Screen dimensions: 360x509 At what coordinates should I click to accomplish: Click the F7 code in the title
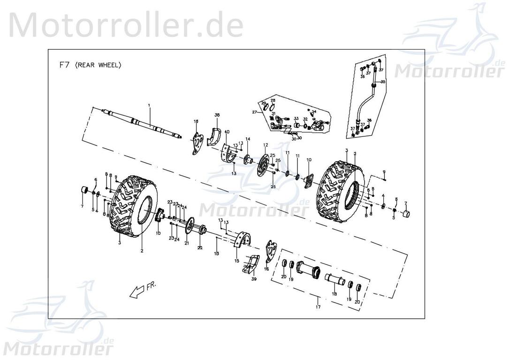tap(64, 66)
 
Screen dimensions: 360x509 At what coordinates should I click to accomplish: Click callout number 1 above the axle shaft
tap(150, 106)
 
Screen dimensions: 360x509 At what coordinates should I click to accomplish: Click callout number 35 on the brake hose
tap(383, 82)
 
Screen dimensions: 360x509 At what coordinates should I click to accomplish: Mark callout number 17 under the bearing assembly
tap(318, 307)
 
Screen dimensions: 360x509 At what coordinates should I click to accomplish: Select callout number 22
tap(199, 247)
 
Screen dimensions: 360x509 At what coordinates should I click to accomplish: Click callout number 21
tap(186, 243)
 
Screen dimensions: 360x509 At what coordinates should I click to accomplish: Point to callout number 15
tap(237, 260)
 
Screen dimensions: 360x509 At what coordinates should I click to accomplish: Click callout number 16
tap(266, 270)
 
